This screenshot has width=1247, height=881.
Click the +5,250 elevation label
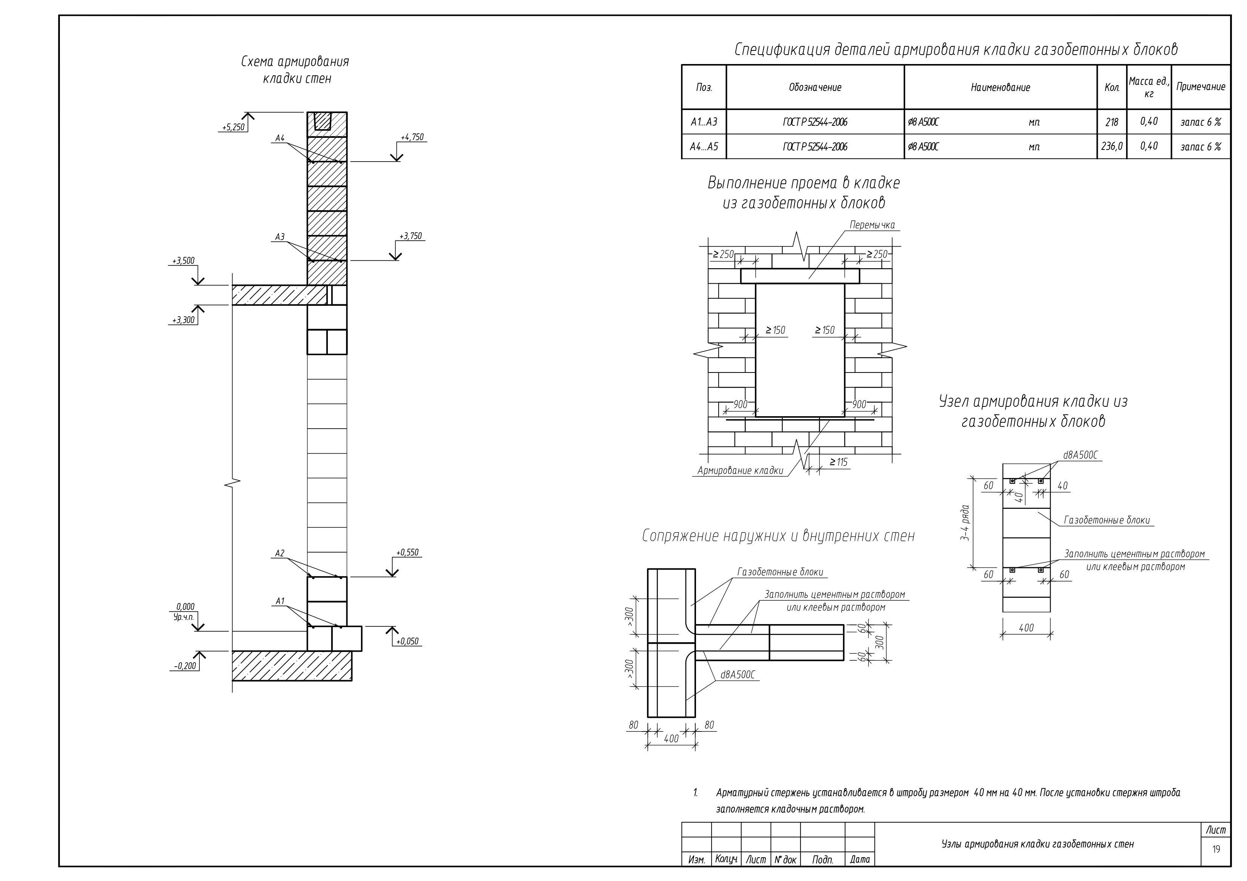click(x=234, y=128)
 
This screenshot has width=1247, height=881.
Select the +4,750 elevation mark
click(x=412, y=137)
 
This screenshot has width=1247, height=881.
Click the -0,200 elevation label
click(x=185, y=666)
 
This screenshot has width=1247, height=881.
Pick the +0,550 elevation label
click(x=408, y=553)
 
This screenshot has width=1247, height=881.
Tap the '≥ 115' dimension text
click(x=838, y=463)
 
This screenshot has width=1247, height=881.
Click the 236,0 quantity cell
click(x=1112, y=147)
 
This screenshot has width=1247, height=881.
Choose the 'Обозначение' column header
click(x=815, y=87)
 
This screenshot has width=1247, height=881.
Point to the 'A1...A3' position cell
click(x=704, y=122)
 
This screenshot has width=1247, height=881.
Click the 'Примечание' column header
click(x=1201, y=87)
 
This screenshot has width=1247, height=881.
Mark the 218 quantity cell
click(x=1112, y=122)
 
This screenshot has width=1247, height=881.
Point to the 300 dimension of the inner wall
click(x=880, y=643)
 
